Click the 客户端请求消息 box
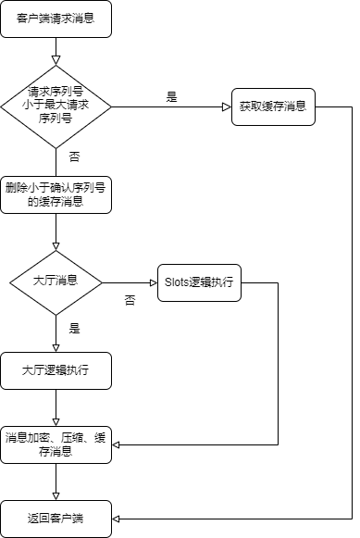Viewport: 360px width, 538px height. [56, 19]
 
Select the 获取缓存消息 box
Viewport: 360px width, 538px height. [273, 106]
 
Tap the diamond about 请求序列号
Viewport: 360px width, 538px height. [56, 106]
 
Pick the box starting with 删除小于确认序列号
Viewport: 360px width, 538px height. [56, 194]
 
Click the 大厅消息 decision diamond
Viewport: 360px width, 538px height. [56, 281]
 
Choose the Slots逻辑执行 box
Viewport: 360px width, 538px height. [199, 282]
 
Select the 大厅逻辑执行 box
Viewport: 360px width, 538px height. [56, 370]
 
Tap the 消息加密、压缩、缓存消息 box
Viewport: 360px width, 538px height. [56, 444]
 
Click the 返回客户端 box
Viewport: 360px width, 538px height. [56, 519]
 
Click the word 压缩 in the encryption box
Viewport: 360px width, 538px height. [71, 437]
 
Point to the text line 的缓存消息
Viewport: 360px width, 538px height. [56, 202]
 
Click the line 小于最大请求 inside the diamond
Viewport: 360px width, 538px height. [56, 106]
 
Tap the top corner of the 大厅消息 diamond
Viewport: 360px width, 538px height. [56, 251]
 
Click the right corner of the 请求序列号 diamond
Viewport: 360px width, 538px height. [110, 106]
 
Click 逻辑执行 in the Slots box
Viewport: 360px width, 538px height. [212, 282]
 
